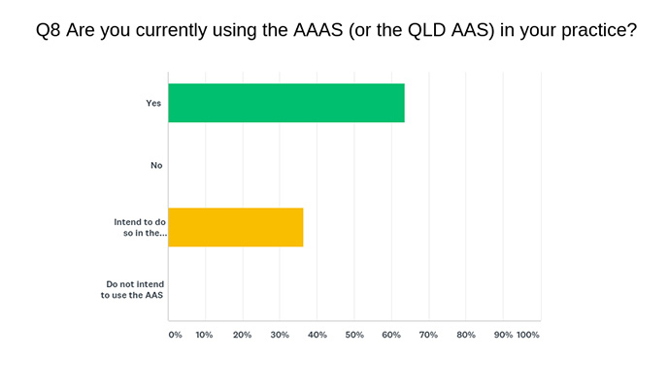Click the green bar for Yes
(x=286, y=103)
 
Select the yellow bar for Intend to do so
(x=236, y=227)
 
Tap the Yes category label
(x=153, y=103)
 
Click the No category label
(x=156, y=165)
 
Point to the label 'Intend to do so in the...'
(x=140, y=227)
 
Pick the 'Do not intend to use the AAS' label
(x=132, y=289)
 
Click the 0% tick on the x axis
(x=175, y=335)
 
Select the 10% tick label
(x=204, y=335)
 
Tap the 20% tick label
(x=242, y=335)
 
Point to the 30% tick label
(x=280, y=335)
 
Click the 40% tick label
(x=317, y=335)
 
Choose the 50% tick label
(x=354, y=335)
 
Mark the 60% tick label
(x=391, y=335)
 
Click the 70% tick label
(x=428, y=335)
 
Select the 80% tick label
(x=466, y=335)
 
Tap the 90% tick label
(x=503, y=335)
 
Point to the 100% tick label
(x=528, y=335)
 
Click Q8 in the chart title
(x=48, y=30)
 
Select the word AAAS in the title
(x=317, y=30)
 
